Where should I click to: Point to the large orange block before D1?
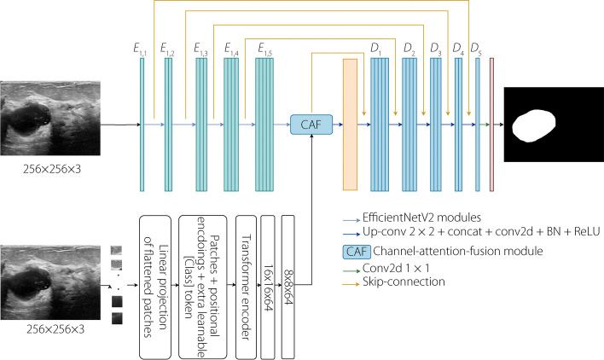[x=349, y=125]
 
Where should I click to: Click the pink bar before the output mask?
[x=491, y=125]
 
